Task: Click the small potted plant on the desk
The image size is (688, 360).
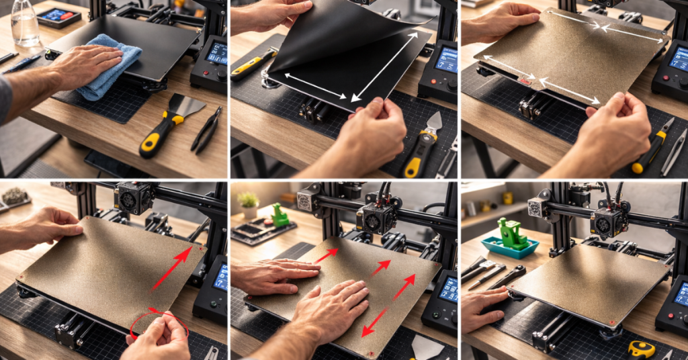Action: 248,201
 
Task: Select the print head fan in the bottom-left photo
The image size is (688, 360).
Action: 132,198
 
